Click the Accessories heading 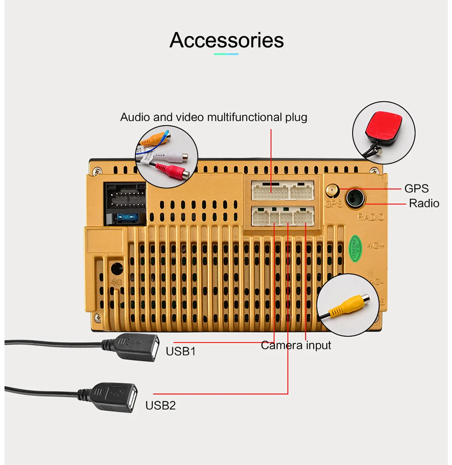coord(226,40)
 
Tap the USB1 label coord(180,351)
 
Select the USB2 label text coord(160,405)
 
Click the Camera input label coord(296,345)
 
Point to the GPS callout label coord(416,188)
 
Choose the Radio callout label coord(424,204)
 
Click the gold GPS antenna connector coord(332,191)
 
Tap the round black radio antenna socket coord(355,199)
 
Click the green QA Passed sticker coord(355,248)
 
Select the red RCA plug coord(173,171)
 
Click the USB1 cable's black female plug coord(131,347)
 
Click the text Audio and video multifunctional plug coord(214,118)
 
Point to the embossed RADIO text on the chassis coord(371,217)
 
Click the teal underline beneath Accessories coord(226,54)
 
